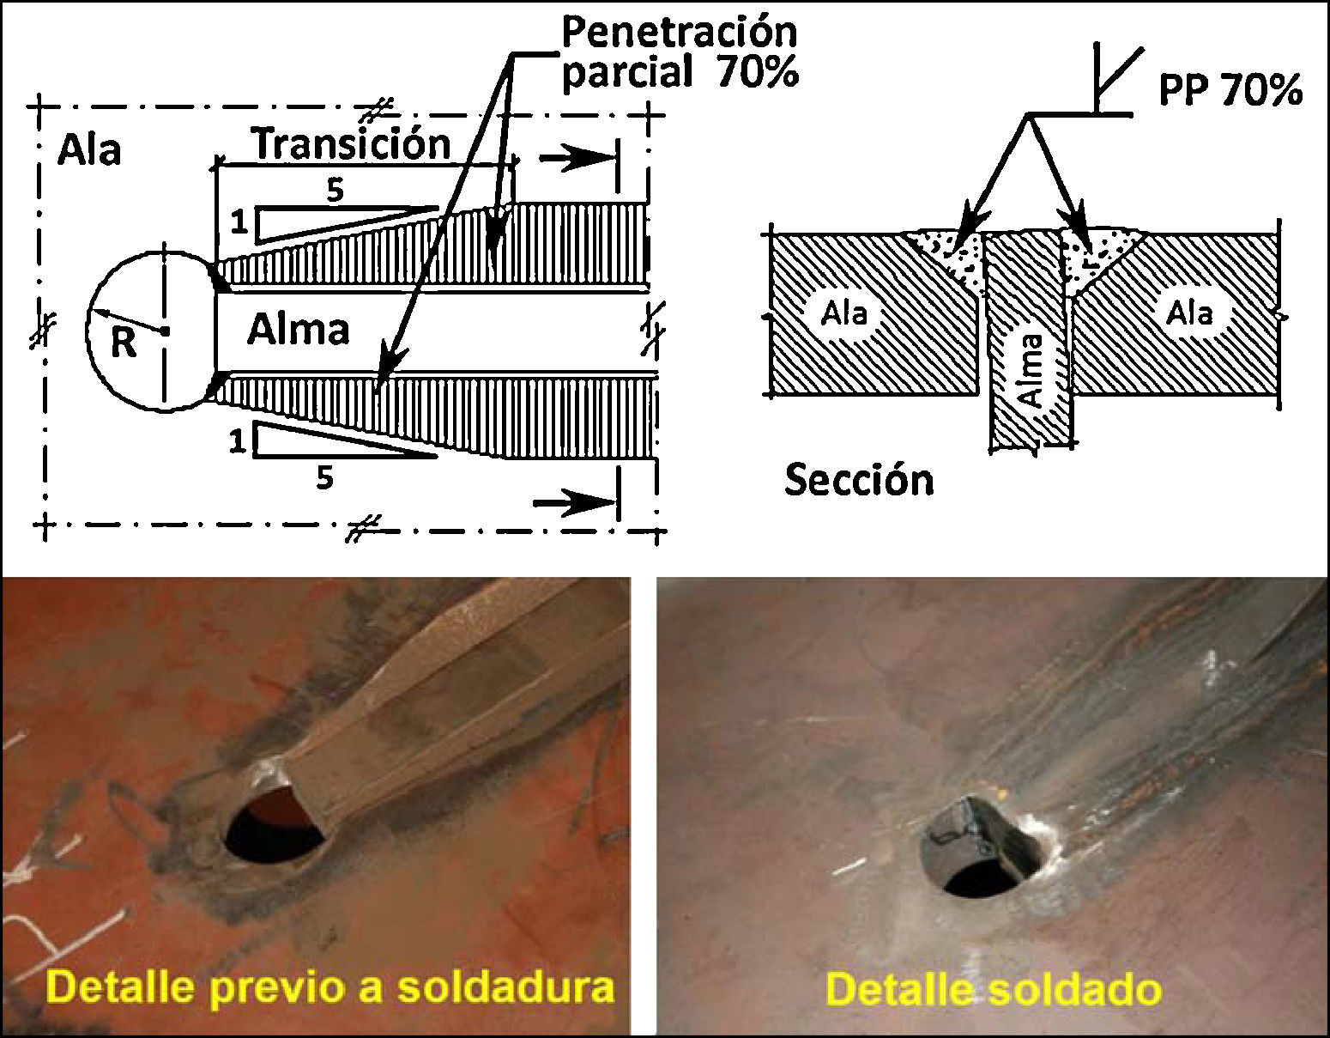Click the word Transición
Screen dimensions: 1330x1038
pos(351,143)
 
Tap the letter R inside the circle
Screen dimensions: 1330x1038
pos(124,343)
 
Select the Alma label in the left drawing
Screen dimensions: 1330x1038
pos(298,329)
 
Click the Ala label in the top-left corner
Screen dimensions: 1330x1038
pos(88,150)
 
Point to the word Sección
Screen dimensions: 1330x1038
pos(859,479)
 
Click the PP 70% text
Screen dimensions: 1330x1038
pos(1230,89)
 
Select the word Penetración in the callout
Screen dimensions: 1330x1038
pos(679,32)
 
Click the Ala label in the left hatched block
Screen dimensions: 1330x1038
pos(844,313)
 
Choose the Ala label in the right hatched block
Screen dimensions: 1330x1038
pos(1189,313)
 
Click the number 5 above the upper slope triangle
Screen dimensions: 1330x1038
pos(334,190)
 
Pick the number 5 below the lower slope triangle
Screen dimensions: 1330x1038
pos(323,477)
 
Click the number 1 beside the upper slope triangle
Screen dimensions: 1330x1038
pos(239,223)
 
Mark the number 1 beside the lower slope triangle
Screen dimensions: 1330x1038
pos(238,441)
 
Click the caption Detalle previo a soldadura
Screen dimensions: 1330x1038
pos(330,987)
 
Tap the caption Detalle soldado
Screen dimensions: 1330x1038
pos(993,989)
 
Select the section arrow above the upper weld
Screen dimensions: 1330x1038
pos(578,159)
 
